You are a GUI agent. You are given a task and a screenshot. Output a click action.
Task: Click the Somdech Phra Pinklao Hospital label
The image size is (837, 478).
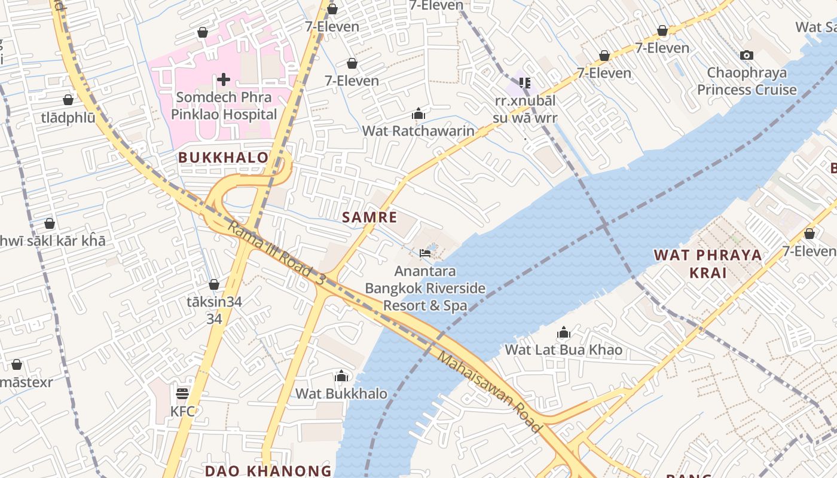click(224, 106)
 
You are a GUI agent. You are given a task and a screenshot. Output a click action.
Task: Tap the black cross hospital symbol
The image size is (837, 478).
click(224, 79)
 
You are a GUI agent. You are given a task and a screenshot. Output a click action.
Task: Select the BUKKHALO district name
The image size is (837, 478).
click(223, 158)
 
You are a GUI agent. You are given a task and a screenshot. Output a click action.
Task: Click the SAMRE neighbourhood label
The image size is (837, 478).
click(369, 217)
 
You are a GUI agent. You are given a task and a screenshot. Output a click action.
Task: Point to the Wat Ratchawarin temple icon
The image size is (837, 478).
click(418, 114)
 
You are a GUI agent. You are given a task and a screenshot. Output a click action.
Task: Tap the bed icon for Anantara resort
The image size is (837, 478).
click(425, 253)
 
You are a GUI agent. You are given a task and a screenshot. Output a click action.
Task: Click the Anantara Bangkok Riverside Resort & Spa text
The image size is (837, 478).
click(425, 289)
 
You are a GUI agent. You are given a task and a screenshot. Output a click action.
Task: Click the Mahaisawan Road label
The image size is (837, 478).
click(490, 392)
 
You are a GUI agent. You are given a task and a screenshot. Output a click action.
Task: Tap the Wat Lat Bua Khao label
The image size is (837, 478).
click(564, 350)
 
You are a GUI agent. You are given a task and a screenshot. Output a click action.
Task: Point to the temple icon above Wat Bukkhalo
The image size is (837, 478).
click(341, 376)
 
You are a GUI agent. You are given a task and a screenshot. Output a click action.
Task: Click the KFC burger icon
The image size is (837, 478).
click(182, 393)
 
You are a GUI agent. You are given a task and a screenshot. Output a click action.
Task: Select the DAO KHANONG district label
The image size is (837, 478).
click(268, 470)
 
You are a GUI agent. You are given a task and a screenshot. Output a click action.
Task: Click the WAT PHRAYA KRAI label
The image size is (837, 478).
click(708, 263)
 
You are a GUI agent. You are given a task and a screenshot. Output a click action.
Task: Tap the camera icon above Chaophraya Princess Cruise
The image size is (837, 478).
click(746, 56)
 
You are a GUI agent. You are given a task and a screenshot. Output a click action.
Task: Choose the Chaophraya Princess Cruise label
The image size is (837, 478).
click(747, 81)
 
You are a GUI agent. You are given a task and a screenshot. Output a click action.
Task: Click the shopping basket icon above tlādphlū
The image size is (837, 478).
click(68, 100)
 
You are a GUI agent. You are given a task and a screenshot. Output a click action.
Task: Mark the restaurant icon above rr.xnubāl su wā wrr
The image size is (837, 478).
click(525, 83)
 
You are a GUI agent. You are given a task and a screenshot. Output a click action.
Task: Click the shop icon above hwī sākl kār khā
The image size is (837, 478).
click(50, 223)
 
